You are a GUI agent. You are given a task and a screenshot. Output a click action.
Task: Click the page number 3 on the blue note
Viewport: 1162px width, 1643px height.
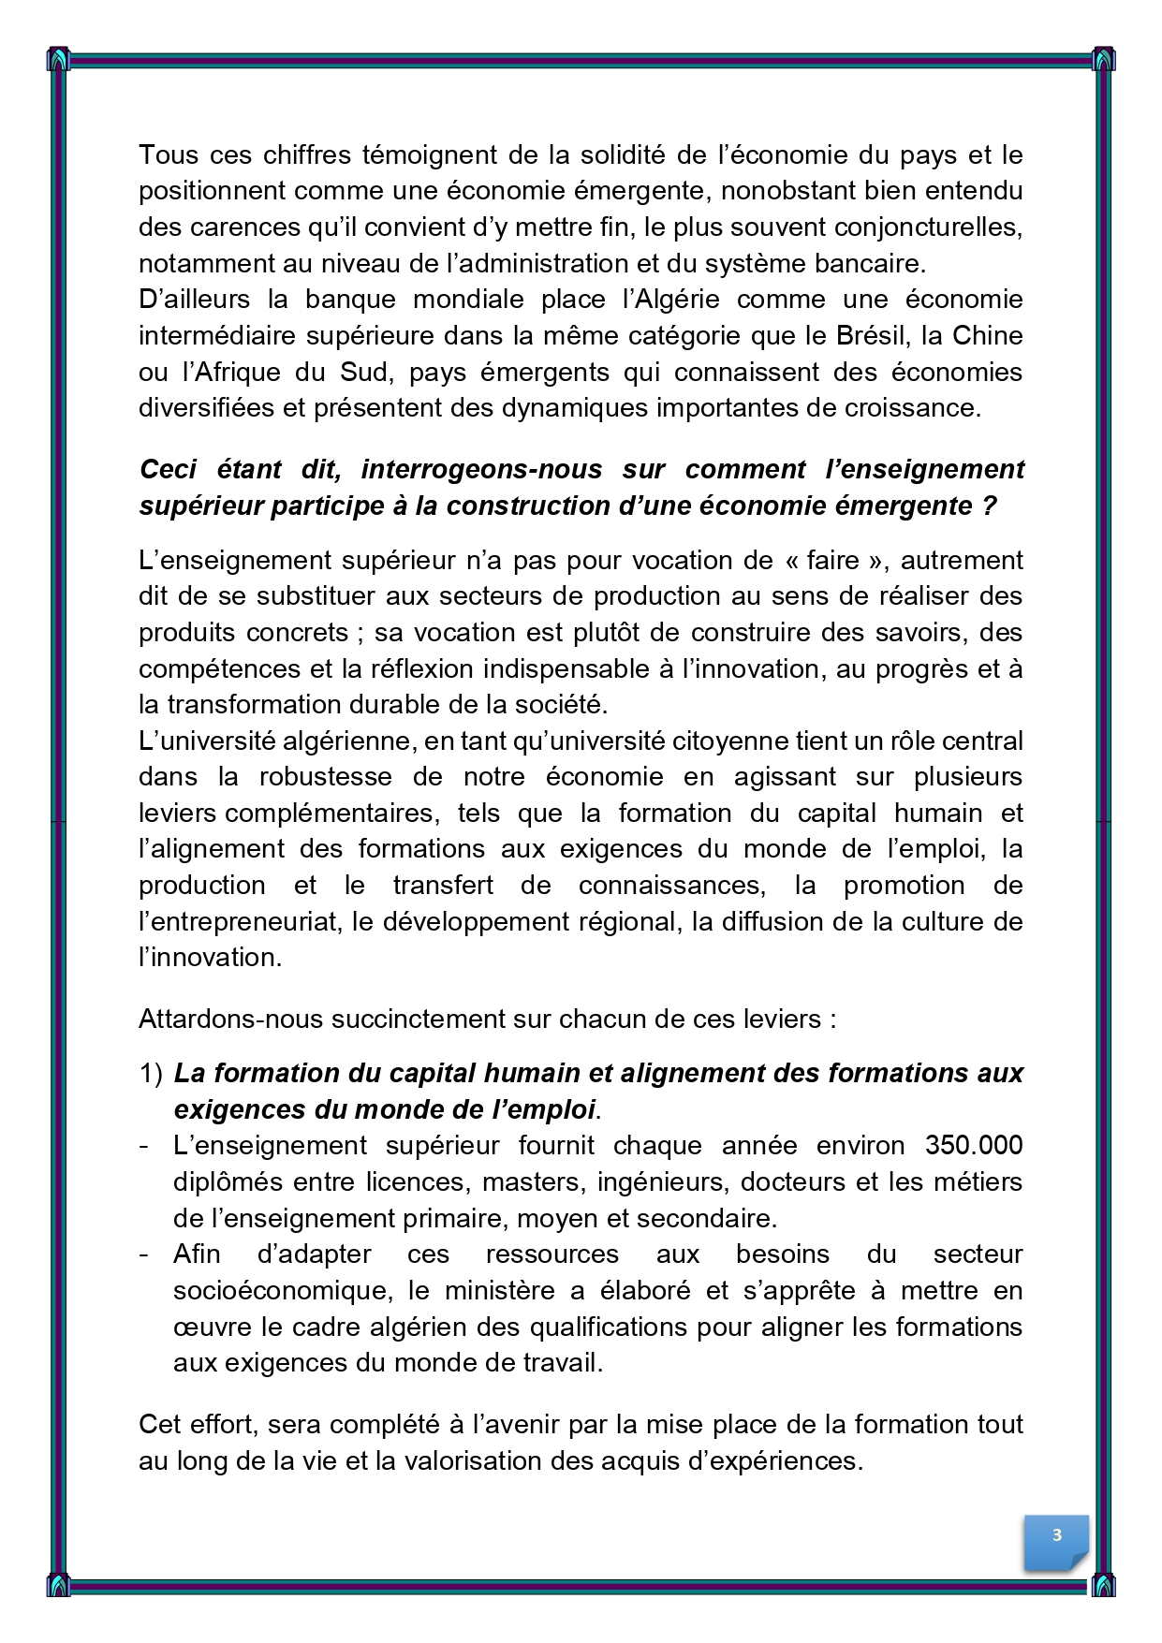[1057, 1534]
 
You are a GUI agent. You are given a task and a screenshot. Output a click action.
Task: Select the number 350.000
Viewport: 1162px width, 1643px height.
[974, 1146]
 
